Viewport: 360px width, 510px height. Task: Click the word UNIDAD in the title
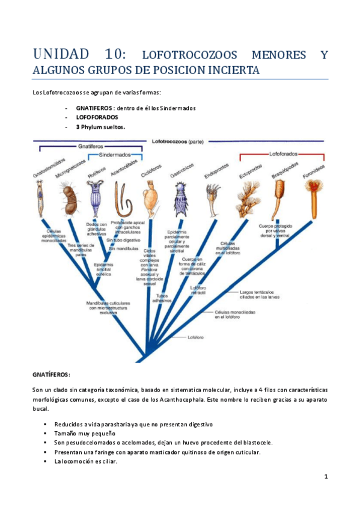63,55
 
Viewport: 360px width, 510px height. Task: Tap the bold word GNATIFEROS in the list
96,108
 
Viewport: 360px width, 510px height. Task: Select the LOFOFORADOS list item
97,117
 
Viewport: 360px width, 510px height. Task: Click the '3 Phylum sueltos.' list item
100,127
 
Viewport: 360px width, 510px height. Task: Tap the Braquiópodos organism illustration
279,195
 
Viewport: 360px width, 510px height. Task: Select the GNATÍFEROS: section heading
52,373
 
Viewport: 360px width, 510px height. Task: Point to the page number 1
325,477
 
